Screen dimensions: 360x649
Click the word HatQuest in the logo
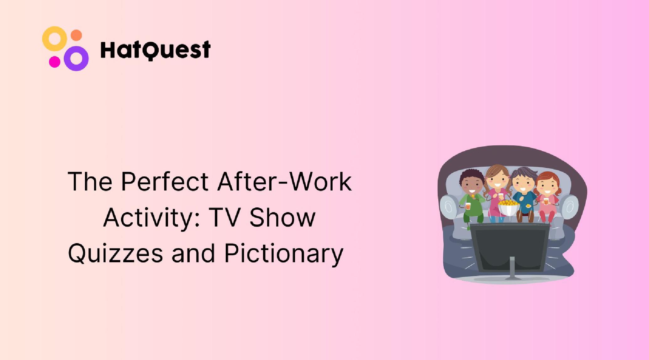pos(155,50)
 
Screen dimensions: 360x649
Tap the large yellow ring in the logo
pos(55,39)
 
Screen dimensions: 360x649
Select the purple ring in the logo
pos(76,58)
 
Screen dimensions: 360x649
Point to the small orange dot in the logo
pos(76,35)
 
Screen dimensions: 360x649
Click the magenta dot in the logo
pos(55,62)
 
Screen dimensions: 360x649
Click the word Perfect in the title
pos(165,182)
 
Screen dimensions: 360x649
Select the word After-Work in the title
pos(285,182)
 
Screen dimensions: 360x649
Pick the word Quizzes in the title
pos(115,253)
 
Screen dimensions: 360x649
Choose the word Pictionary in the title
pos(284,253)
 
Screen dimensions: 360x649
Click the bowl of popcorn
pos(508,207)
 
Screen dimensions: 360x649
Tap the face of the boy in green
pos(472,185)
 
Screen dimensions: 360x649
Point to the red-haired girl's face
pos(547,186)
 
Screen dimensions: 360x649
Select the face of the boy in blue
pos(523,183)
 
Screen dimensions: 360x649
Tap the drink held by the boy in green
pos(468,206)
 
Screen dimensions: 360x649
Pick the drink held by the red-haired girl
pos(546,201)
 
